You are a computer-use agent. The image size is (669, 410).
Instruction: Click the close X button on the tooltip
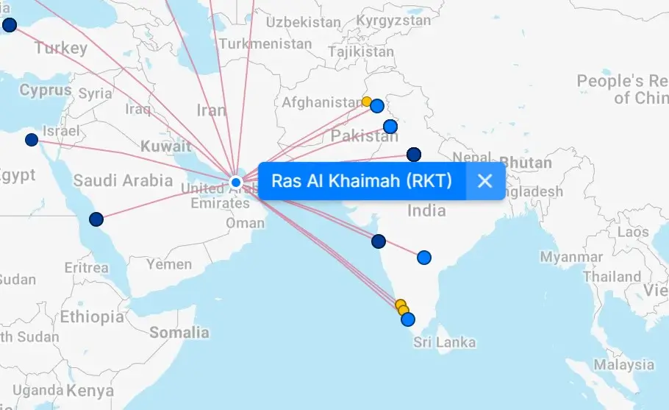pos(484,181)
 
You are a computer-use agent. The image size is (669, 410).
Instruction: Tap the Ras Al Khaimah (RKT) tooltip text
pos(361,181)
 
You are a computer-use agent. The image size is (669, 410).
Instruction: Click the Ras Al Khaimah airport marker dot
pos(236,182)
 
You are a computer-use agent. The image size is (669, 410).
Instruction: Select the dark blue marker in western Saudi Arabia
pos(96,219)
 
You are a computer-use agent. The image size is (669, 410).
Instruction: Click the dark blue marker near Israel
pos(32,140)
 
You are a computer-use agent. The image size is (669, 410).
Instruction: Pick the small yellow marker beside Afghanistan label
pos(366,102)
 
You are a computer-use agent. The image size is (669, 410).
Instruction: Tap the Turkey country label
pos(60,49)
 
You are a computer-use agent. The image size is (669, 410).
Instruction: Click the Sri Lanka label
pos(444,342)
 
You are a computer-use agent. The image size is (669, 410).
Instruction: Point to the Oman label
pos(245,223)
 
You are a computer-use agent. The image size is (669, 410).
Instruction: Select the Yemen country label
pos(168,264)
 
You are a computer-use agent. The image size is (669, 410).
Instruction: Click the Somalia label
pos(179,333)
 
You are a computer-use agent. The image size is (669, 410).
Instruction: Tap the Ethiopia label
pos(92,317)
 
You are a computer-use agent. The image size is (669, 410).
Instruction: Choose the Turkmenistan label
pos(265,44)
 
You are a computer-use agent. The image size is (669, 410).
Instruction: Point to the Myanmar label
pos(570,257)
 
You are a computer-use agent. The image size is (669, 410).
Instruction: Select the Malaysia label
pos(624,365)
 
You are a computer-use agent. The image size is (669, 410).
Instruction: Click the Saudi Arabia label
pos(123,180)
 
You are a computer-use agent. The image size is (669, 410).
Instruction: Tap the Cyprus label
pos(46,91)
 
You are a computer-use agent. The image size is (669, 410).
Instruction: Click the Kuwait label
pos(166,146)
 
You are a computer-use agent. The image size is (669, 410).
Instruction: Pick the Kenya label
pos(91,390)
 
